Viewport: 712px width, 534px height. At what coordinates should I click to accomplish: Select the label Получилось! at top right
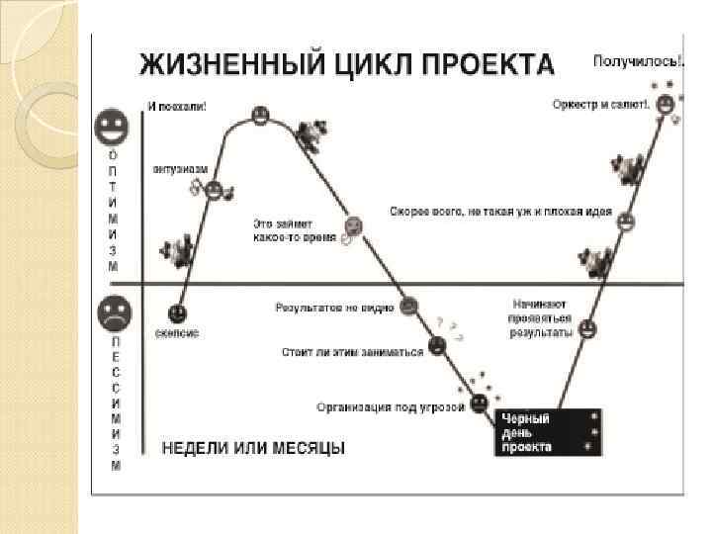click(x=637, y=61)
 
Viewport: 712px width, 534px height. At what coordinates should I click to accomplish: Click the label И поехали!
click(x=178, y=106)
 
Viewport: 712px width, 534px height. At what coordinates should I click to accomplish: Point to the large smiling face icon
click(x=113, y=127)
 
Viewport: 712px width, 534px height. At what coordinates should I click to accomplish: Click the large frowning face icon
click(x=113, y=314)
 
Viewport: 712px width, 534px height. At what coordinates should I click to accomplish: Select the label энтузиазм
click(x=180, y=169)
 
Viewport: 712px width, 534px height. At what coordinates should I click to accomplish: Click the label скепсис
click(x=176, y=334)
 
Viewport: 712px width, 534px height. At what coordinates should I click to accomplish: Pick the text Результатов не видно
click(x=334, y=308)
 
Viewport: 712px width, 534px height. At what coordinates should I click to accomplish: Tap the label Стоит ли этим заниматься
click(x=352, y=350)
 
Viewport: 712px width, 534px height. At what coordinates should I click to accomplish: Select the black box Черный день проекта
click(x=548, y=432)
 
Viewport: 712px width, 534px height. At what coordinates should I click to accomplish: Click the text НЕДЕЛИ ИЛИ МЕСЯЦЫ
click(x=253, y=448)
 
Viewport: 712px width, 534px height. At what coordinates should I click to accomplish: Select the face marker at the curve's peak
click(x=260, y=115)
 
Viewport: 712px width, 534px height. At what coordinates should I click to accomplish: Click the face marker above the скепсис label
click(x=178, y=313)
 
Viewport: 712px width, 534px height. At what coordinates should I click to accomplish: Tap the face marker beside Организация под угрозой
click(x=479, y=402)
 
